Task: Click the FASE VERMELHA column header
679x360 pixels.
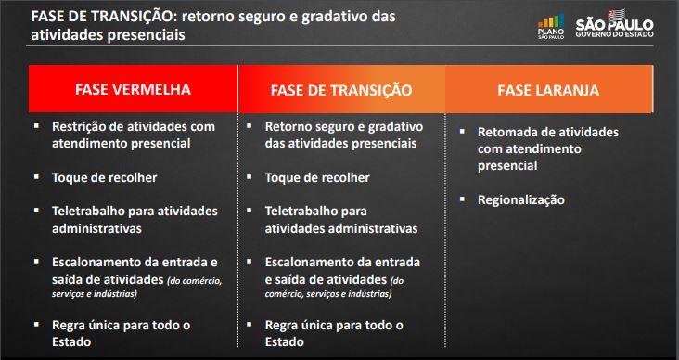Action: (x=133, y=89)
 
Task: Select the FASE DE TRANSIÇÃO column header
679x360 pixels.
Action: (x=341, y=90)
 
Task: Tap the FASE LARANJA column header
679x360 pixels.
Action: (x=548, y=90)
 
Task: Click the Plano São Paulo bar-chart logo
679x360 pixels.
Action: (x=551, y=26)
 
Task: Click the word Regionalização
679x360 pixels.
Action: (x=521, y=200)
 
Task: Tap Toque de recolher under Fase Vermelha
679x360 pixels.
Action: (x=105, y=178)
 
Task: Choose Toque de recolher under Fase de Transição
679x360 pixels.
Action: (x=317, y=178)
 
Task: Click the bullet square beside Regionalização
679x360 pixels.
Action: (x=462, y=198)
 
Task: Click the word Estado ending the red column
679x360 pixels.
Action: (x=71, y=341)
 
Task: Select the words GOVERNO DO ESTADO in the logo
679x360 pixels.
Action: (x=614, y=34)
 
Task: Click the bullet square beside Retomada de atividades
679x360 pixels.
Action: (x=462, y=130)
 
